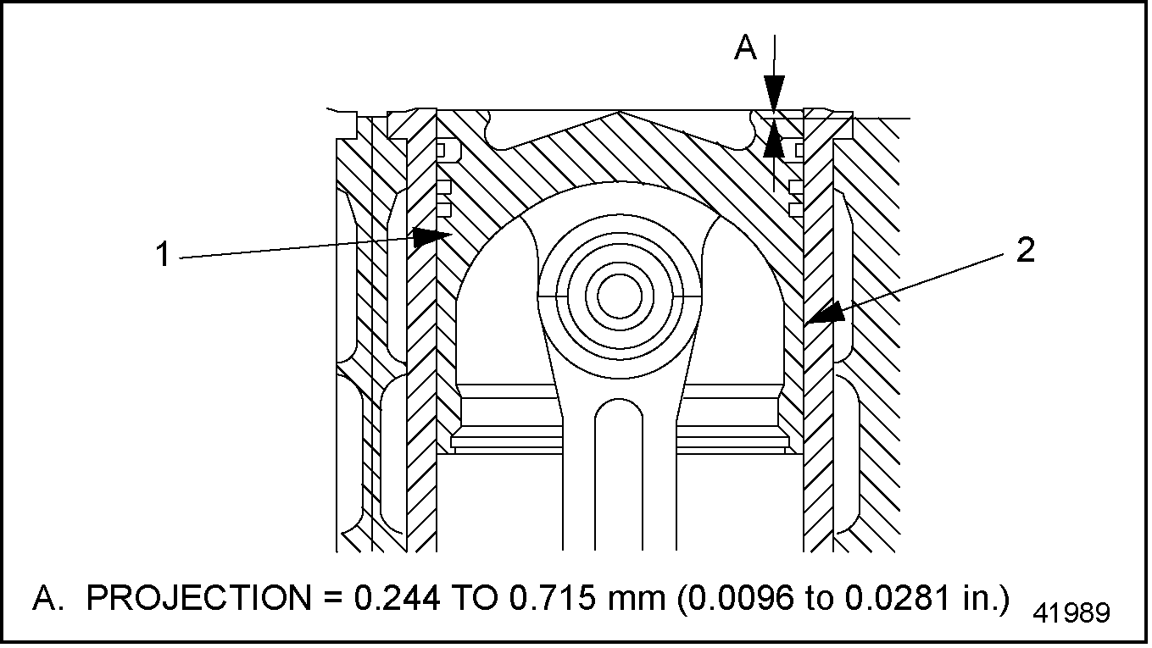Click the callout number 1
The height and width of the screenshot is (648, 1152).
[x=164, y=253]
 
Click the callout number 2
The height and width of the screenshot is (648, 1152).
[x=1026, y=252]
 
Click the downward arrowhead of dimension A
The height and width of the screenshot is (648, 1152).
[x=774, y=94]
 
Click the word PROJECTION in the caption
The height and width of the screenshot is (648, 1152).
[x=198, y=599]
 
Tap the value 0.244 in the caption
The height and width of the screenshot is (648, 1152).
[x=396, y=599]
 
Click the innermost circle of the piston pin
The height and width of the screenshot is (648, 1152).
[x=619, y=296]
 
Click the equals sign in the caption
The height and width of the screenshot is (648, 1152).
[x=332, y=599]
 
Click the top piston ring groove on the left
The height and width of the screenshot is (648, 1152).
[x=446, y=151]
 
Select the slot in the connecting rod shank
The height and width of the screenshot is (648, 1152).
[x=619, y=474]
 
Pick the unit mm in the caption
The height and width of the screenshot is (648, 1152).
[x=637, y=599]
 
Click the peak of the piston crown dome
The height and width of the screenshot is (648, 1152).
[x=620, y=113]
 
